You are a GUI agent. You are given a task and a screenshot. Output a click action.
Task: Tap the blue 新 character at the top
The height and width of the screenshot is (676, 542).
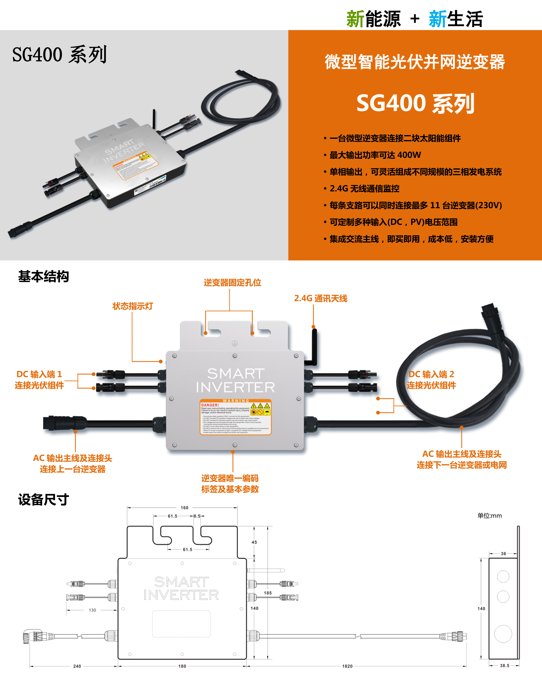coord(438,19)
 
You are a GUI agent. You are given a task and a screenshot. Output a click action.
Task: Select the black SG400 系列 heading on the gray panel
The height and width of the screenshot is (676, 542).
coord(60,55)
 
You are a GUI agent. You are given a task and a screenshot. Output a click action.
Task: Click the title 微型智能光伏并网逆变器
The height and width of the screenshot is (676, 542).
coord(415,62)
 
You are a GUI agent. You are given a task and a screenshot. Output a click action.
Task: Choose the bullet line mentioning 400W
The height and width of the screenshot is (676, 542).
coord(375,155)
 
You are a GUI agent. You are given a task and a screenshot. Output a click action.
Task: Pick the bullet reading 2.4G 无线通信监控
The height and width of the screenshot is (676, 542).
coord(364,188)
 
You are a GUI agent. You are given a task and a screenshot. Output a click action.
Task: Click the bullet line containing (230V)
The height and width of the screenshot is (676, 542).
coord(415,205)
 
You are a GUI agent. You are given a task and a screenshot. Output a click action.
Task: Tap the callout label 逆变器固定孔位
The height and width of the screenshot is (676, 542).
coord(232,283)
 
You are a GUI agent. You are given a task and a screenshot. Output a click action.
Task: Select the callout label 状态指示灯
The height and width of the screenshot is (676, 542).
coord(132,306)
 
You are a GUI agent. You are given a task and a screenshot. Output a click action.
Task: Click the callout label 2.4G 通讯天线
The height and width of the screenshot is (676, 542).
coord(320,298)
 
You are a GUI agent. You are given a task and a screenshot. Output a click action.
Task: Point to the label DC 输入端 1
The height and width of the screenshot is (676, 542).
coord(39,374)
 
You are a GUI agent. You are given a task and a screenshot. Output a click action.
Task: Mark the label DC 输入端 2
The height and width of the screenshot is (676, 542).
coord(431,374)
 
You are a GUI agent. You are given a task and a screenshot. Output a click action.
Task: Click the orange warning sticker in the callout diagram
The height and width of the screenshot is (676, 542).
coord(235,417)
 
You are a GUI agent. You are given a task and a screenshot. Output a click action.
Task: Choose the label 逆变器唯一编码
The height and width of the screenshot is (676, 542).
coord(230,478)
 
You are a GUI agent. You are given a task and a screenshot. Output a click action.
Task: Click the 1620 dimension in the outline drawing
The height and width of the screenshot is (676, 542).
coord(347,666)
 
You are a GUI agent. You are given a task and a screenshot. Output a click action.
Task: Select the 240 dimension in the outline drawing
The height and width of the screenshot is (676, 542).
coord(77,666)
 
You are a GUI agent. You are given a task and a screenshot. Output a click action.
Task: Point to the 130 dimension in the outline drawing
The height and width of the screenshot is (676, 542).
coord(92,610)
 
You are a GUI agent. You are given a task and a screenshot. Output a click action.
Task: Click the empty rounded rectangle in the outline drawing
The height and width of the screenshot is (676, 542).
coord(181,624)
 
